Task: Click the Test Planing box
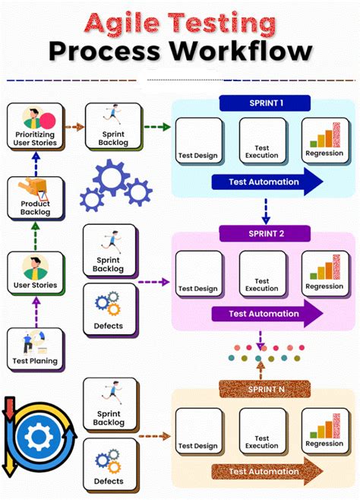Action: pos(35,349)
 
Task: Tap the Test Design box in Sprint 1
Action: pos(198,141)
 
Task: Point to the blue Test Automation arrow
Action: pos(266,182)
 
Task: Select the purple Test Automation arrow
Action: pos(266,313)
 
